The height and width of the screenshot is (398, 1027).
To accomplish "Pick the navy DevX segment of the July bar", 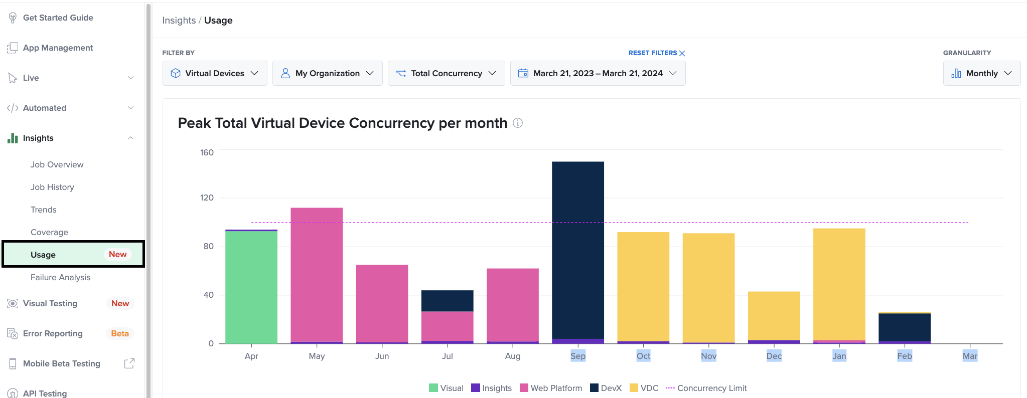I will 447,301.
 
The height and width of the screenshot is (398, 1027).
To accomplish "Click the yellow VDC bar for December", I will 774,316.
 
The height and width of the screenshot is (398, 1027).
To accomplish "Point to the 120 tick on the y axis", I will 207,197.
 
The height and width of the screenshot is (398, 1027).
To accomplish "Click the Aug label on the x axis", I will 512,356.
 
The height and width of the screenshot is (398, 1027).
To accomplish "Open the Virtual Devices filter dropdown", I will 215,73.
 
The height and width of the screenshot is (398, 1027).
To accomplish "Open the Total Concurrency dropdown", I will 446,73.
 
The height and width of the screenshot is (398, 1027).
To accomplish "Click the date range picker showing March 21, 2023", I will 598,73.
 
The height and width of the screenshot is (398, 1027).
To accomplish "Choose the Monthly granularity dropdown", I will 981,73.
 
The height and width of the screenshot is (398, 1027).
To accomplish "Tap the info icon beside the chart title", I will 518,123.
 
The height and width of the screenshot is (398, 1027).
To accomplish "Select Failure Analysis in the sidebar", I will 60,277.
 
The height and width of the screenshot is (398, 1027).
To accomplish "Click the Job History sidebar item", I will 52,187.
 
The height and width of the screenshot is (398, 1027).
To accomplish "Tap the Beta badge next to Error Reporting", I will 120,333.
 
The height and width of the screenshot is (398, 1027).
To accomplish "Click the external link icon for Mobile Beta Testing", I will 129,363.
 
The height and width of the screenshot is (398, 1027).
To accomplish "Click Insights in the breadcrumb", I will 179,21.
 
